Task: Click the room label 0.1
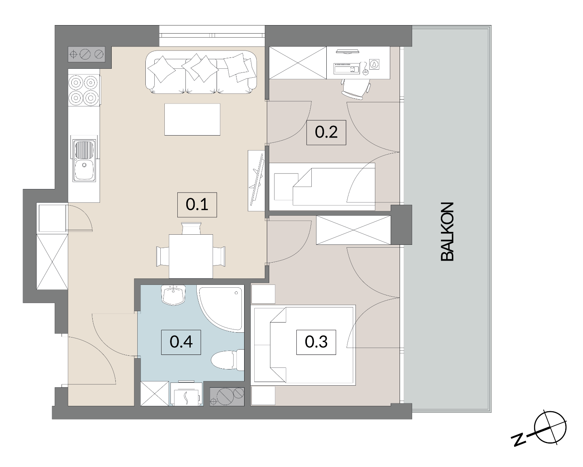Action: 197,204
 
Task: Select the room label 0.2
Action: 326,132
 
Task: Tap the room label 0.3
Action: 316,342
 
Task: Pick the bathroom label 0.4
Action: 181,342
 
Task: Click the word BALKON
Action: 447,231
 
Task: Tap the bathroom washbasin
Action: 173,295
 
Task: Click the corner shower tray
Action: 221,308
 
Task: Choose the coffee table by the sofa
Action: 192,119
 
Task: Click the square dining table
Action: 191,256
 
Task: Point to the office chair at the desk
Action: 356,89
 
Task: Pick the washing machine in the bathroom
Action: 186,394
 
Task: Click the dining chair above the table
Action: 191,228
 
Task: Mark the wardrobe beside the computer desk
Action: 298,63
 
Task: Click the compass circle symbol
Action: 550,428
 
